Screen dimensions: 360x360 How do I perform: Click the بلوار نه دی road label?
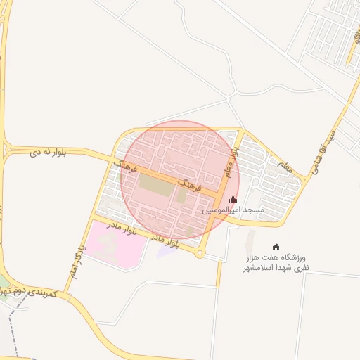[49, 151]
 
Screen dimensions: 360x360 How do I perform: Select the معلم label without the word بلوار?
[284, 167]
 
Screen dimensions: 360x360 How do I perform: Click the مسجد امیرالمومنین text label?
[233, 210]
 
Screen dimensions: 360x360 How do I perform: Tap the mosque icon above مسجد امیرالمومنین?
[233, 200]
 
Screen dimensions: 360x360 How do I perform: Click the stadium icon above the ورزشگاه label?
[276, 247]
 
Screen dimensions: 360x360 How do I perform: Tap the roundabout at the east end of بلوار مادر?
[200, 254]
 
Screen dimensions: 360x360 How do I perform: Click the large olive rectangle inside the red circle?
[155, 186]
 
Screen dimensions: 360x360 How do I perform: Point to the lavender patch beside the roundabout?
[169, 249]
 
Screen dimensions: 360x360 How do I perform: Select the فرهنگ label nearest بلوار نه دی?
[128, 167]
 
